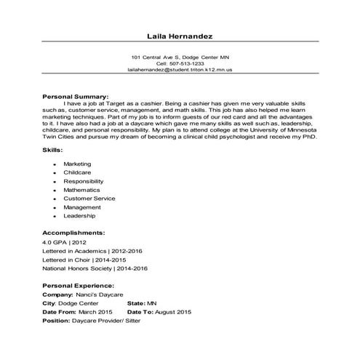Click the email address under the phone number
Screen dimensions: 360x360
pyautogui.click(x=180, y=71)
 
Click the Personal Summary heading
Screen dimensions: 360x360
pyautogui.click(x=76, y=96)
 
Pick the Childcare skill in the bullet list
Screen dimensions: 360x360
pyautogui.click(x=77, y=173)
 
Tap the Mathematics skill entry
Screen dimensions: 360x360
pyautogui.click(x=81, y=190)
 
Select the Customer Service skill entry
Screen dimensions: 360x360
pyautogui.click(x=89, y=199)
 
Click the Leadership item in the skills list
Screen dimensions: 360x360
pyautogui.click(x=79, y=216)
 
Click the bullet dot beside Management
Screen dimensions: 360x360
pyautogui.click(x=55, y=207)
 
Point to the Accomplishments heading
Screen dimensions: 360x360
pyautogui.click(x=74, y=233)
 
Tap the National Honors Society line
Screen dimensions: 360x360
pyautogui.click(x=95, y=268)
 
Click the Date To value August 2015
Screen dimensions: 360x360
pyautogui.click(x=172, y=311)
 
